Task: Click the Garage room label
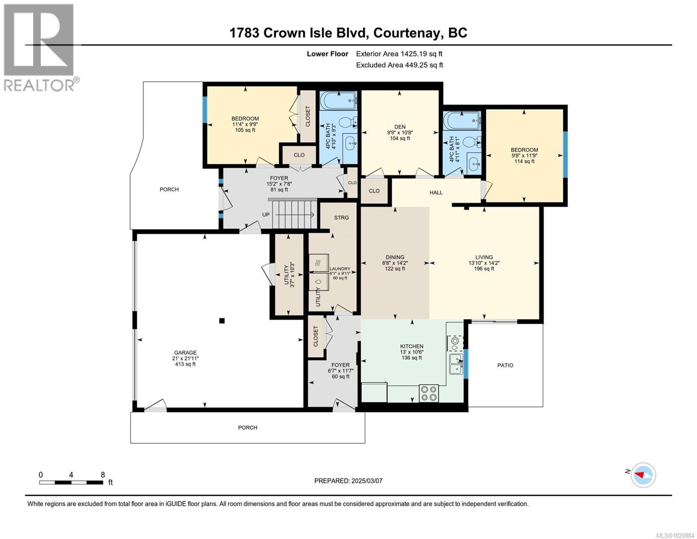click(x=185, y=353)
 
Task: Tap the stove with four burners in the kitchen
click(x=428, y=393)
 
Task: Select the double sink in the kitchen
click(x=456, y=363)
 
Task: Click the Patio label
click(x=505, y=365)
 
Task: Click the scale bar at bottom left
click(x=71, y=482)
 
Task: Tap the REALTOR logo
click(x=39, y=47)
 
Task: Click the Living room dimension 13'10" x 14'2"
click(x=484, y=263)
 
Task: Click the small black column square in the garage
click(x=222, y=320)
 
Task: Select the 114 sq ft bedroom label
click(x=524, y=150)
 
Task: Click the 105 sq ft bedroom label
click(x=245, y=119)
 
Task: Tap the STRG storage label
click(x=341, y=217)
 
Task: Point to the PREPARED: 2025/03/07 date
click(x=348, y=481)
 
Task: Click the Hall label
click(x=436, y=192)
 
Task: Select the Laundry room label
click(x=340, y=269)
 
